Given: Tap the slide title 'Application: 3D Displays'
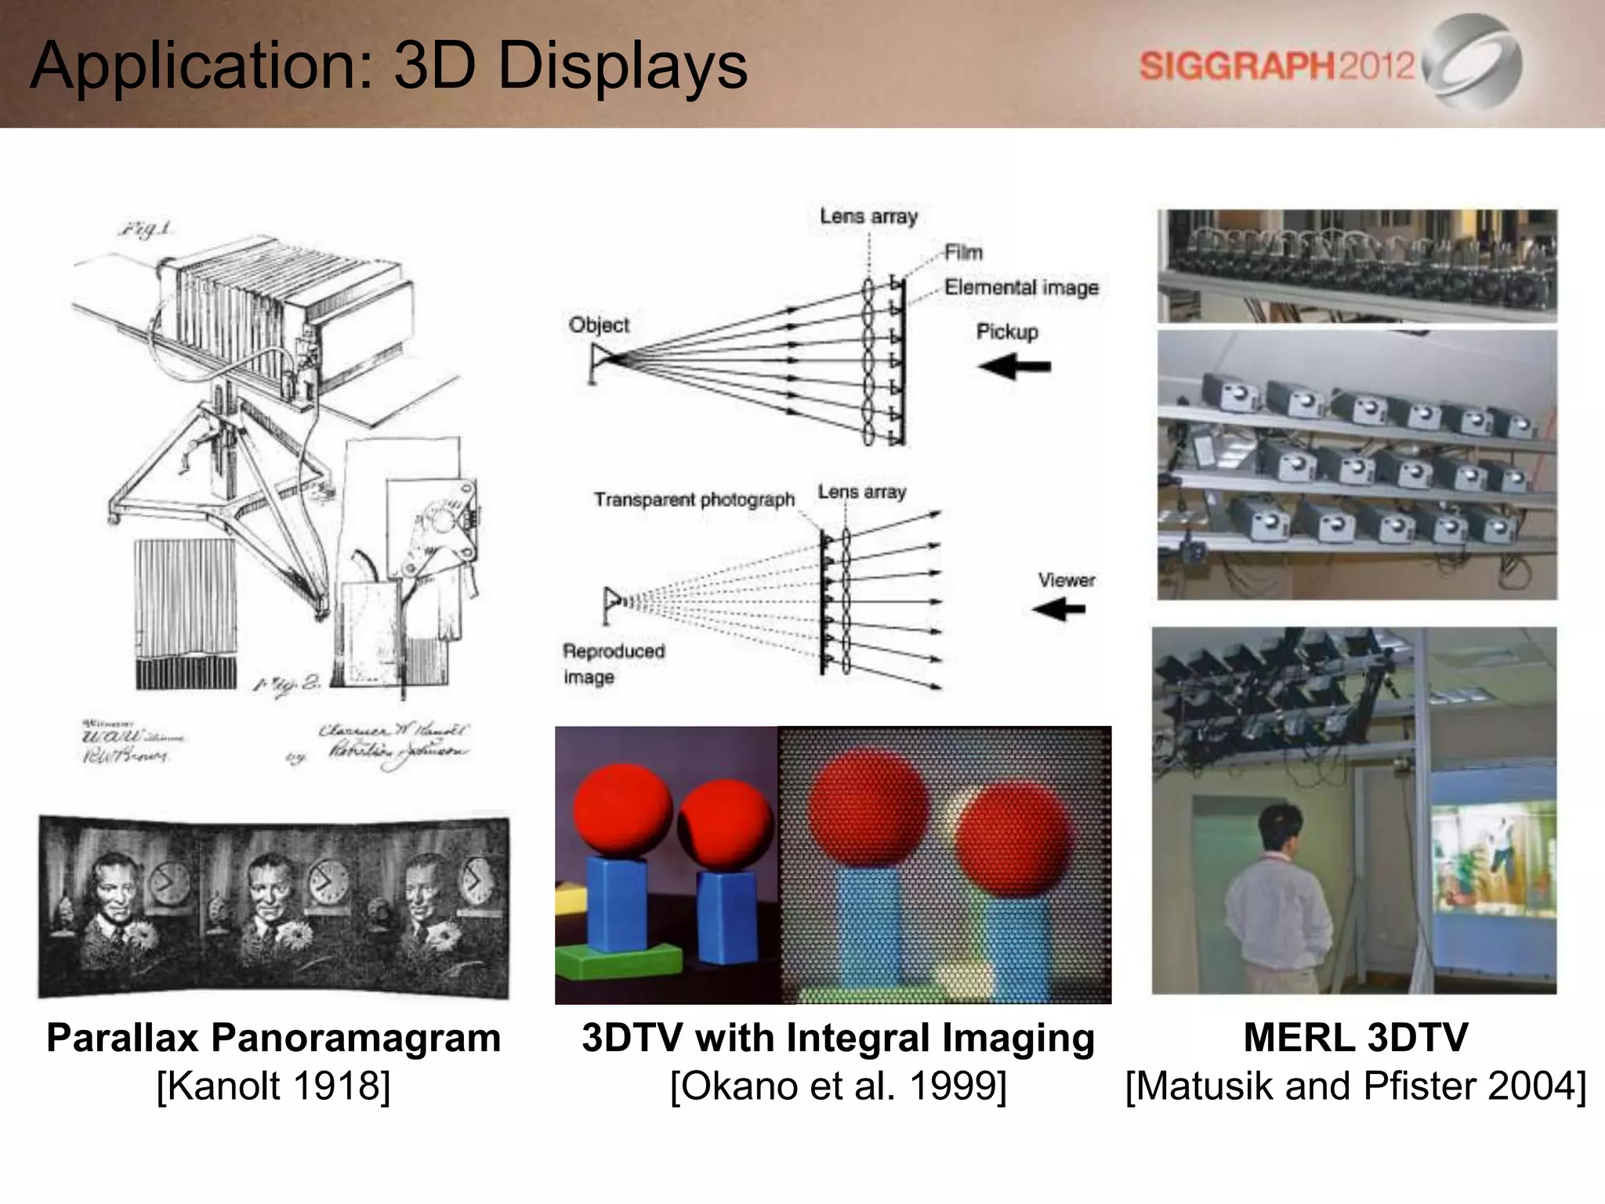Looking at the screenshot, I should click(x=389, y=66).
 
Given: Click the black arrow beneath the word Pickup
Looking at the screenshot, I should click(x=1014, y=366).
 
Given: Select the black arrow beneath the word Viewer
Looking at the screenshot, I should click(x=1059, y=609).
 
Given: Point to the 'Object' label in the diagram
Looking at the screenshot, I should click(x=599, y=325).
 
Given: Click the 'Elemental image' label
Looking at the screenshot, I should click(x=1021, y=288).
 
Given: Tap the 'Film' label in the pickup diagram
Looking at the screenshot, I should click(x=963, y=252).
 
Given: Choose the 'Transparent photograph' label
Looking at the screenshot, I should click(x=694, y=499).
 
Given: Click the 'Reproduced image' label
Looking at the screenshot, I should click(x=613, y=663).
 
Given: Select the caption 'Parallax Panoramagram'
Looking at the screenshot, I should click(x=274, y=1038).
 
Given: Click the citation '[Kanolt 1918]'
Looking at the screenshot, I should click(x=274, y=1086).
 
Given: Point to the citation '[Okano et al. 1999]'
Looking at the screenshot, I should click(x=838, y=1086).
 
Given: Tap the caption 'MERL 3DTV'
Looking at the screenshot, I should click(x=1355, y=1038).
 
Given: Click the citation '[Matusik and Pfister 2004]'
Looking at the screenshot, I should click(x=1355, y=1086).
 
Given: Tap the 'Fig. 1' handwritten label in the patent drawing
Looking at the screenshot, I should click(x=146, y=229).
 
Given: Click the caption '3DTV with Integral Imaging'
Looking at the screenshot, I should click(x=838, y=1038).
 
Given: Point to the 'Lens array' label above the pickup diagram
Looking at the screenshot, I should click(x=868, y=216).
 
